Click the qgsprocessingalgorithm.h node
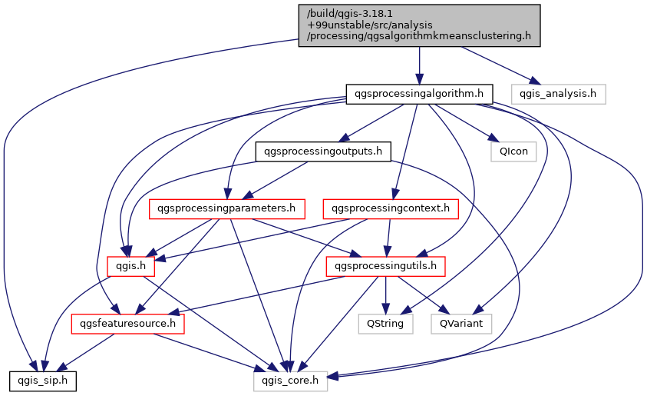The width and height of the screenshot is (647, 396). click(x=419, y=94)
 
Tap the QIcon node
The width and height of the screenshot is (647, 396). click(x=513, y=151)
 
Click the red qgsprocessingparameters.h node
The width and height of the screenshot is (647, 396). click(x=226, y=208)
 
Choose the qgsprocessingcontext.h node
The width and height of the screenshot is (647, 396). click(x=391, y=208)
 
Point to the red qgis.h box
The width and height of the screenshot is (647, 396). click(x=131, y=266)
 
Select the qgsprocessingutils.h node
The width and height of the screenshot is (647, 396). click(x=386, y=266)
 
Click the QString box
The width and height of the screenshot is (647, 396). click(x=386, y=324)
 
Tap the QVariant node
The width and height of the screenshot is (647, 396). click(x=461, y=324)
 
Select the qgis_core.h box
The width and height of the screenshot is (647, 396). click(x=291, y=380)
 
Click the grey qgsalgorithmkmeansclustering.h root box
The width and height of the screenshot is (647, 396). click(x=419, y=25)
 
